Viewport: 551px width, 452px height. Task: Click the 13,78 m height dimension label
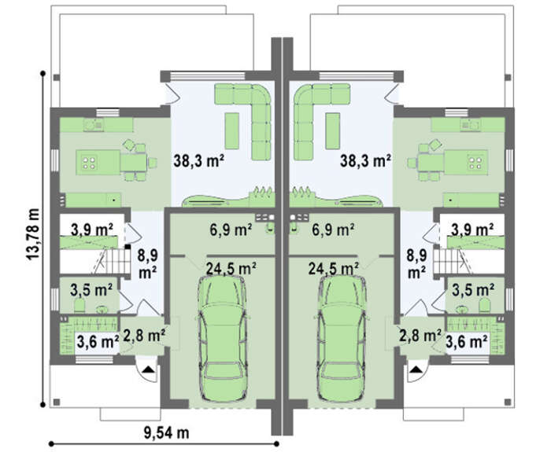[x=33, y=234]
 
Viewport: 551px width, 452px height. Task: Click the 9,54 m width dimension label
[x=167, y=432]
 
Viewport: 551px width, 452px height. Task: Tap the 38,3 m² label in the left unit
[x=199, y=160]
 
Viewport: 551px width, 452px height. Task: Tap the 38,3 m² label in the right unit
[x=366, y=160]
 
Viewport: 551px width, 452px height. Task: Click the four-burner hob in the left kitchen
[x=88, y=163]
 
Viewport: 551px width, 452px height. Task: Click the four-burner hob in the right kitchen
[x=475, y=163]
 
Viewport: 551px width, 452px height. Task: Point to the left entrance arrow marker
[x=148, y=369]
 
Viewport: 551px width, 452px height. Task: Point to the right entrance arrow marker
[x=416, y=369]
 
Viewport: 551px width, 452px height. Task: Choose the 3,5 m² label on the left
[x=91, y=290]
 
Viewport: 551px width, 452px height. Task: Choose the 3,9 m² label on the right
[x=472, y=230]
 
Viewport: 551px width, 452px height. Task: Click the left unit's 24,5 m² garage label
[x=231, y=269]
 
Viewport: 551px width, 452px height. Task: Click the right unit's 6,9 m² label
[x=333, y=230]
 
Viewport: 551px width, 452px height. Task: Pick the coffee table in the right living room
[x=332, y=131]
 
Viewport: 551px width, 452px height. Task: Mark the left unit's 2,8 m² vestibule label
[x=144, y=336]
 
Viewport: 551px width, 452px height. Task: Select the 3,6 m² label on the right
[x=467, y=340]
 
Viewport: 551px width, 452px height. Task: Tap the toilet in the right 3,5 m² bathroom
[x=485, y=305]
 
